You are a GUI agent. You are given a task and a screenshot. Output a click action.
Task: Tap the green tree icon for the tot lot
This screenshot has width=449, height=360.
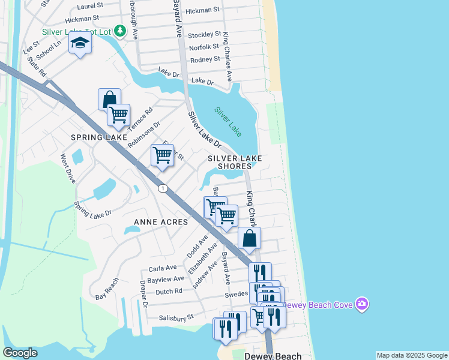tap(121, 31)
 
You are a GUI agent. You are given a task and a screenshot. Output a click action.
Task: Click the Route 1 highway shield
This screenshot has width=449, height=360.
tap(162, 188)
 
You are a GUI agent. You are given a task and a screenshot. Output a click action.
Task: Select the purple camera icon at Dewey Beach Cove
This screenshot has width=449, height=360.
tap(361, 305)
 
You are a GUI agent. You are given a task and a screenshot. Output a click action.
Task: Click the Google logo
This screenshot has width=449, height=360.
tap(20, 353)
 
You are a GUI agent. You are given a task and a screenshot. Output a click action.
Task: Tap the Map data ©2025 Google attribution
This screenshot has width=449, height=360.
tap(411, 355)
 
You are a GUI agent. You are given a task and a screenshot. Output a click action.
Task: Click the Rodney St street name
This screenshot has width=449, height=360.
tap(205, 59)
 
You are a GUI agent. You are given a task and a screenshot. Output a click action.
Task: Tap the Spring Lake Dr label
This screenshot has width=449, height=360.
tap(92, 209)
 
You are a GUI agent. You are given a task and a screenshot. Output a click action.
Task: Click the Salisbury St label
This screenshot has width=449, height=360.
tap(176, 317)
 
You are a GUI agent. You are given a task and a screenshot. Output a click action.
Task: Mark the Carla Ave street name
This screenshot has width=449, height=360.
tap(163, 268)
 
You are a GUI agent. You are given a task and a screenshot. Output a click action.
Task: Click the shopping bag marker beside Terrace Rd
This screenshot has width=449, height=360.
tap(109, 99)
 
